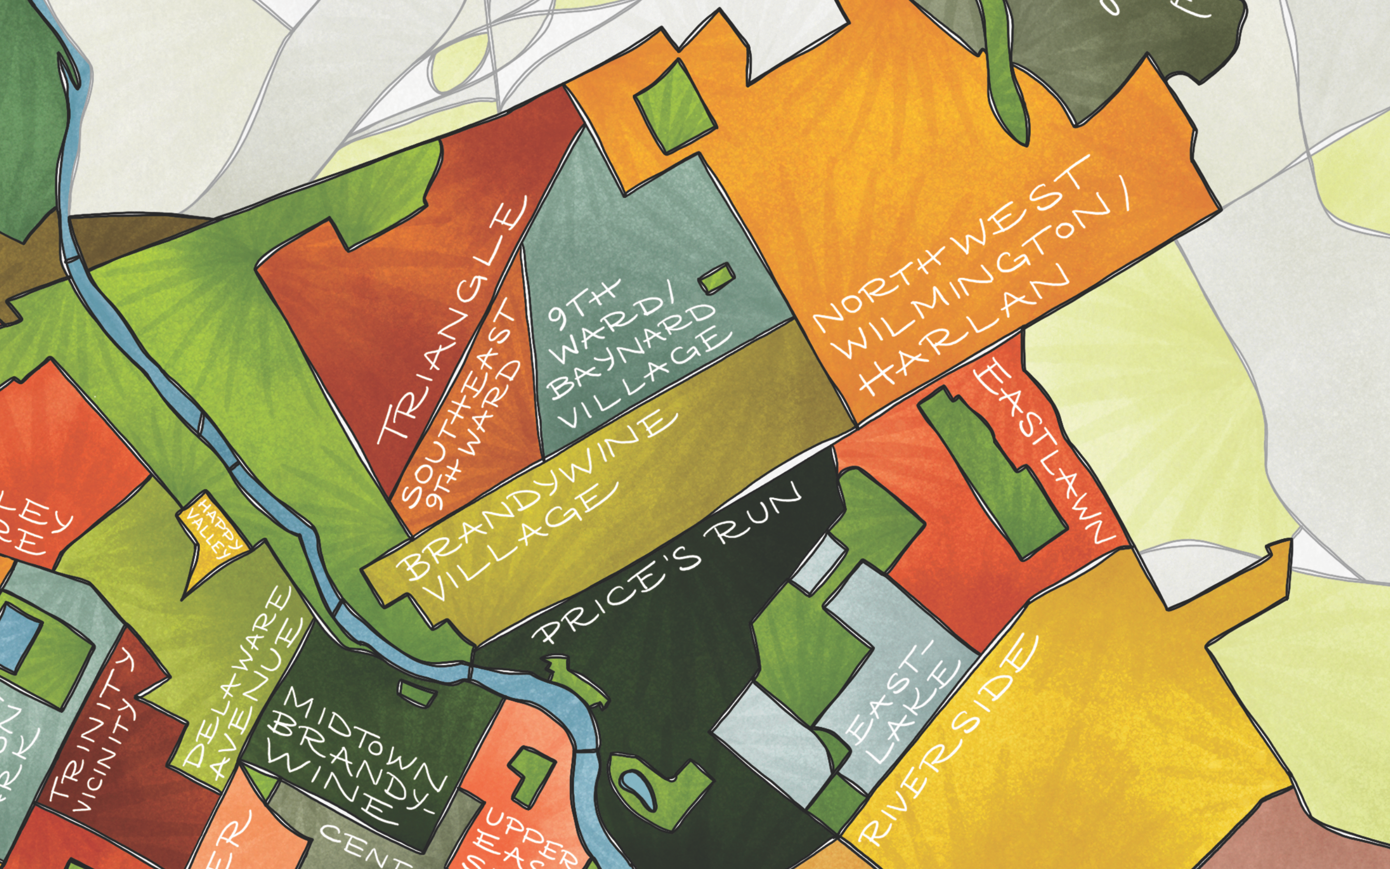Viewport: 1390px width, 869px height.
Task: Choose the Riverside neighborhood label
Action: [948, 742]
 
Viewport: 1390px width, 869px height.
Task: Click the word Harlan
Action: [965, 333]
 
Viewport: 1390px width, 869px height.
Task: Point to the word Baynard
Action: [632, 350]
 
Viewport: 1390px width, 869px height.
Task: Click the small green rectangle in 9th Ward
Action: [717, 278]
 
